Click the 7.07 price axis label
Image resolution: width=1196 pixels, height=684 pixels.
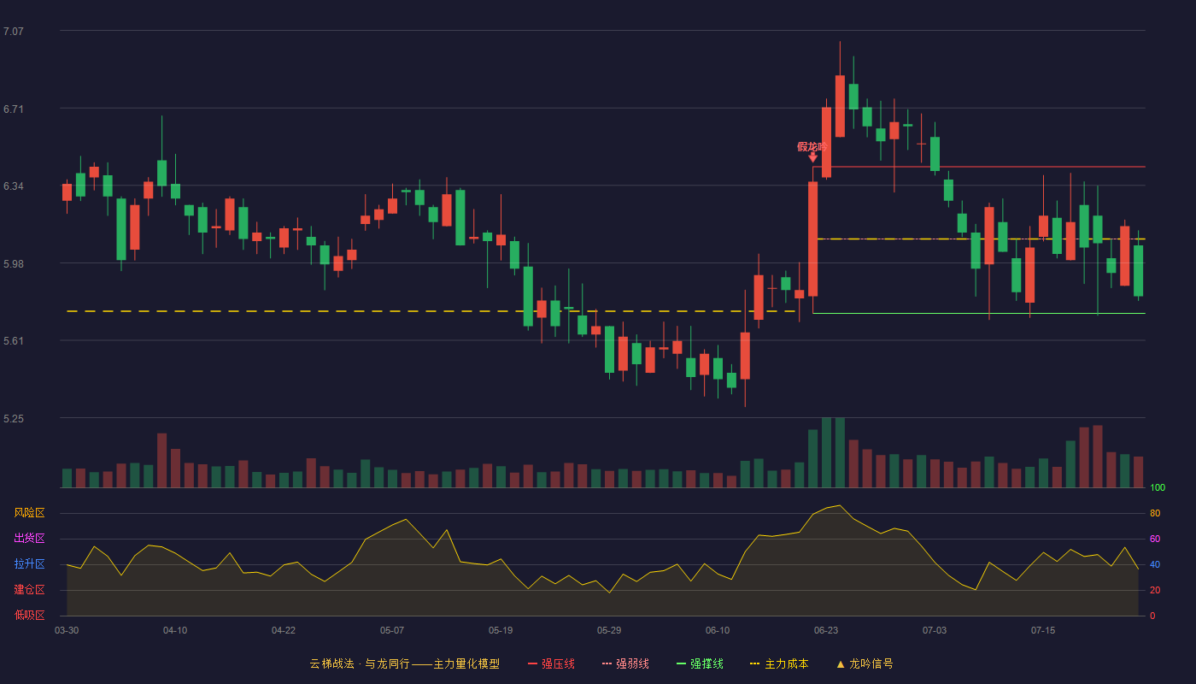pos(14,32)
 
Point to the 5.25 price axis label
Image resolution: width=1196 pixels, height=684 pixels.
pos(14,419)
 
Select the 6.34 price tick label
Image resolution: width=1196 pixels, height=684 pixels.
pos(14,186)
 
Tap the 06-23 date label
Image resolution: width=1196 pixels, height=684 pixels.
pos(826,631)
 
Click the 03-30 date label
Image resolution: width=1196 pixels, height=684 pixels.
pos(67,631)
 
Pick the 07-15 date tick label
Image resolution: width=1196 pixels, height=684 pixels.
pos(1043,631)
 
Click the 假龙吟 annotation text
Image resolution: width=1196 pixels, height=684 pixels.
pos(812,147)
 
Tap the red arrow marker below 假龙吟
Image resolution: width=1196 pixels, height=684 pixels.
pos(812,157)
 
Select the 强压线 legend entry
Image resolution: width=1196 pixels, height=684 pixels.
pos(551,664)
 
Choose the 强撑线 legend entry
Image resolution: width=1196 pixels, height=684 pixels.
pos(700,664)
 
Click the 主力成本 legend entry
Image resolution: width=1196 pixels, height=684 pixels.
pos(779,664)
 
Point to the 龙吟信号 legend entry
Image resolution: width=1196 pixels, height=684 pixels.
pos(865,664)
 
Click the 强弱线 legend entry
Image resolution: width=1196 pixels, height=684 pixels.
pos(625,664)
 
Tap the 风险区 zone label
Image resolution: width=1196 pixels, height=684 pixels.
pos(29,513)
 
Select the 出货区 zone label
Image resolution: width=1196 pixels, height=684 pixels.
pos(29,539)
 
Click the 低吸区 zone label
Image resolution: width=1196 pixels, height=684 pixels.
pos(29,616)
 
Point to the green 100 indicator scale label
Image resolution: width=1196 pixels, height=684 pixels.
pos(1158,488)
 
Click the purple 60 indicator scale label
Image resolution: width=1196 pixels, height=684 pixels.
pos(1155,540)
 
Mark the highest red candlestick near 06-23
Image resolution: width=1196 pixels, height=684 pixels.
pos(840,106)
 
